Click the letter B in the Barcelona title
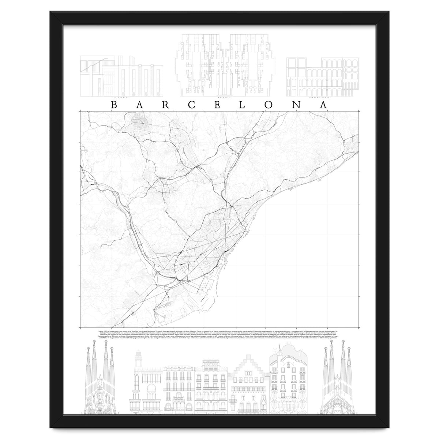coord(113,105)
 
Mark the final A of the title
coord(323,105)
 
